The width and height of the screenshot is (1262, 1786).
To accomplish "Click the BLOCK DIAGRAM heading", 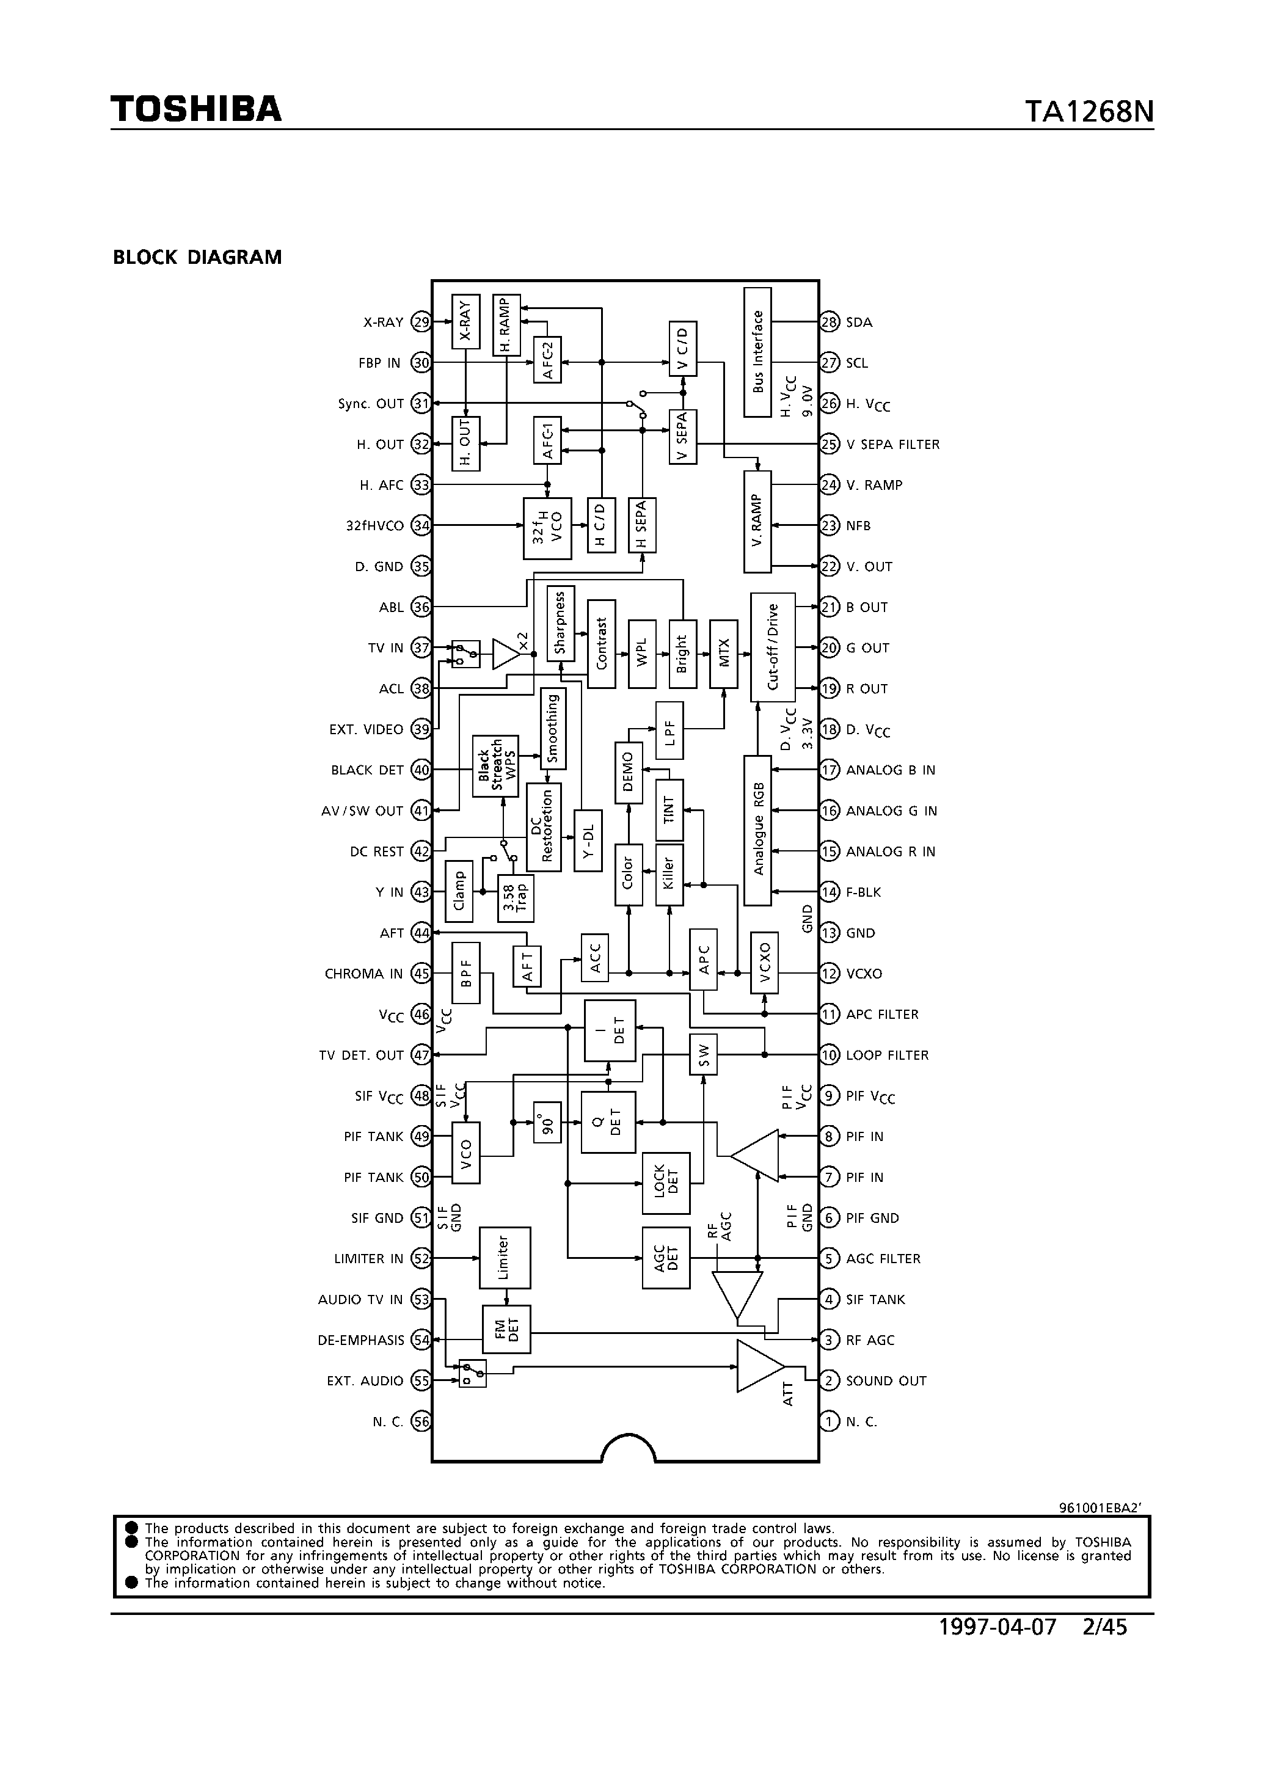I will tap(198, 258).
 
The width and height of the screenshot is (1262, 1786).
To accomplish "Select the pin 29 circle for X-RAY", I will tap(421, 322).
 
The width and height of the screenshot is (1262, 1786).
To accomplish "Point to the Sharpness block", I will tap(560, 624).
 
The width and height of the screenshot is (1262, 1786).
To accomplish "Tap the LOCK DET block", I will tap(665, 1183).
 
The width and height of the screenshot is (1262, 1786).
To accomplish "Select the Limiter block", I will tap(504, 1258).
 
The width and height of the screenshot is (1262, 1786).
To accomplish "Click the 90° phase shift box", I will tap(547, 1123).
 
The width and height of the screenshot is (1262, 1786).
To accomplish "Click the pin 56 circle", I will tap(421, 1421).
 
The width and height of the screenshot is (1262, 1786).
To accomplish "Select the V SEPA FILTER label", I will tap(892, 444).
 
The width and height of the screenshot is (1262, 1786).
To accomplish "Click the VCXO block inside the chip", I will tap(764, 961).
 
